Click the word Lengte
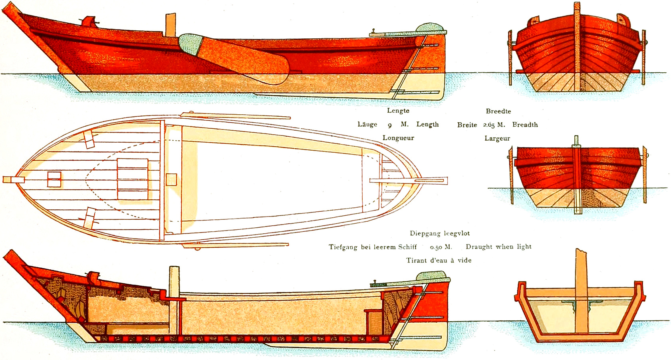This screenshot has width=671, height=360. click(x=398, y=111)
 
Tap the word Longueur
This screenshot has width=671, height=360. click(x=398, y=138)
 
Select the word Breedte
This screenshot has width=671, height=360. click(x=498, y=111)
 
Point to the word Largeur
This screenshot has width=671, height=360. click(x=497, y=138)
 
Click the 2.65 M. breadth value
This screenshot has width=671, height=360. click(x=494, y=125)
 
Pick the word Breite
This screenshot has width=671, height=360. click(x=467, y=125)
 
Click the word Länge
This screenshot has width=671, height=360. click(x=367, y=124)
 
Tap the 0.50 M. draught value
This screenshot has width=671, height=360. click(x=441, y=247)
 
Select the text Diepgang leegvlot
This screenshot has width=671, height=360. click(x=439, y=233)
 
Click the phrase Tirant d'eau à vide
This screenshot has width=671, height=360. click(x=439, y=261)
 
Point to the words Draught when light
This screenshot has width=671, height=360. click(x=498, y=247)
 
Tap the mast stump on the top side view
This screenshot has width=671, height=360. click(x=171, y=25)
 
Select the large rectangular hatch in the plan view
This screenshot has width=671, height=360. click(x=133, y=179)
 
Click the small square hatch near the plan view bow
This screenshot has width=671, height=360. click(x=54, y=179)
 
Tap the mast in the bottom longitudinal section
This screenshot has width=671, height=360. click(x=174, y=300)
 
